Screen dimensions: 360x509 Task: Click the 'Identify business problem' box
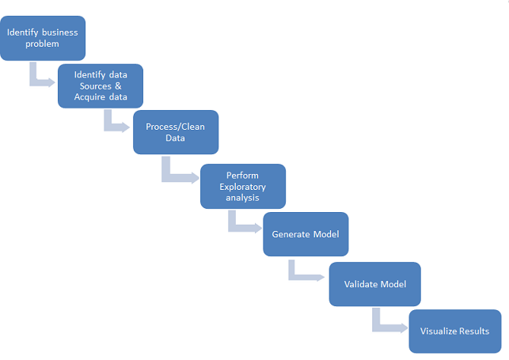(43, 37)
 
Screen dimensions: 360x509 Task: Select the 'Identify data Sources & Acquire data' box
(100, 86)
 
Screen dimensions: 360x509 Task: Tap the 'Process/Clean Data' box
(176, 131)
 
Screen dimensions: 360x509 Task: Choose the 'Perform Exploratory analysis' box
(242, 187)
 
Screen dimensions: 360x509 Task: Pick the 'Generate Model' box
(306, 234)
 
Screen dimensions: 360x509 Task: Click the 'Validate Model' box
(374, 282)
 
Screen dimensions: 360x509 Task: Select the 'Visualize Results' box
(454, 331)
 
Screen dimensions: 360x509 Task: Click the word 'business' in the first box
(59, 32)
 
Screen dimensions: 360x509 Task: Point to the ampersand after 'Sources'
(118, 85)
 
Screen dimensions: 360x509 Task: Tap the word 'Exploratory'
(243, 187)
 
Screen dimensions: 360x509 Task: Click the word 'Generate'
(291, 234)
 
